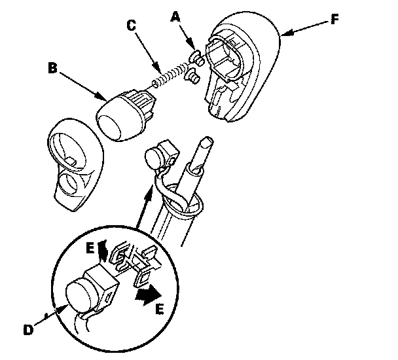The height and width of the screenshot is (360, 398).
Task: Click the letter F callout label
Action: coord(335,18)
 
